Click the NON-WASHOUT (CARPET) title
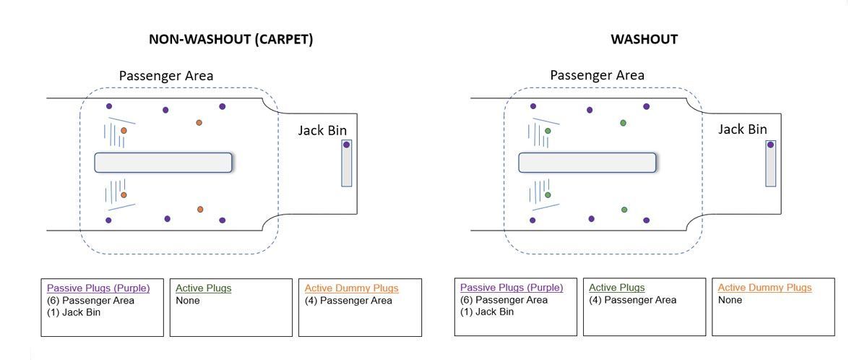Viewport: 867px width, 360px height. [x=230, y=40]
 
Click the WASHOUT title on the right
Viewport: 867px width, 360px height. [x=644, y=40]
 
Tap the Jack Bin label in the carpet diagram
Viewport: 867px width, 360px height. [x=322, y=131]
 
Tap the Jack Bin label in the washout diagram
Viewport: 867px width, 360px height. [x=743, y=129]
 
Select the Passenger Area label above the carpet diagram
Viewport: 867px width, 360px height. [x=166, y=75]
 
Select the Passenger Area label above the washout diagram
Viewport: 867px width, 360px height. [x=597, y=75]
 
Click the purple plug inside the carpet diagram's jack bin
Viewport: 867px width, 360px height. [x=347, y=145]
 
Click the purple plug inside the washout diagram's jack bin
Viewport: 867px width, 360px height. [x=771, y=145]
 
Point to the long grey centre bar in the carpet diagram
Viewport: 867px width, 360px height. [x=163, y=163]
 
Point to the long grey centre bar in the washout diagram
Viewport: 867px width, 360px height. [x=587, y=163]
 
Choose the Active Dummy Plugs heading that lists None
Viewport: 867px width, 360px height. [x=764, y=288]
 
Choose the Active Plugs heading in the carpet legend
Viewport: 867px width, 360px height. [x=204, y=288]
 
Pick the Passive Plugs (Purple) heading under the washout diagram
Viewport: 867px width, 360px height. [x=511, y=288]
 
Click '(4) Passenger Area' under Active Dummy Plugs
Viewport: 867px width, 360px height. [x=348, y=300]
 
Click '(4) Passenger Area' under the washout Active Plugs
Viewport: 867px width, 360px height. [x=632, y=300]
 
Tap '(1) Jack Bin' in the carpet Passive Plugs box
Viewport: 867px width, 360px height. [x=75, y=312]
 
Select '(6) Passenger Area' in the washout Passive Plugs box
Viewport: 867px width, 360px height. [x=504, y=300]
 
